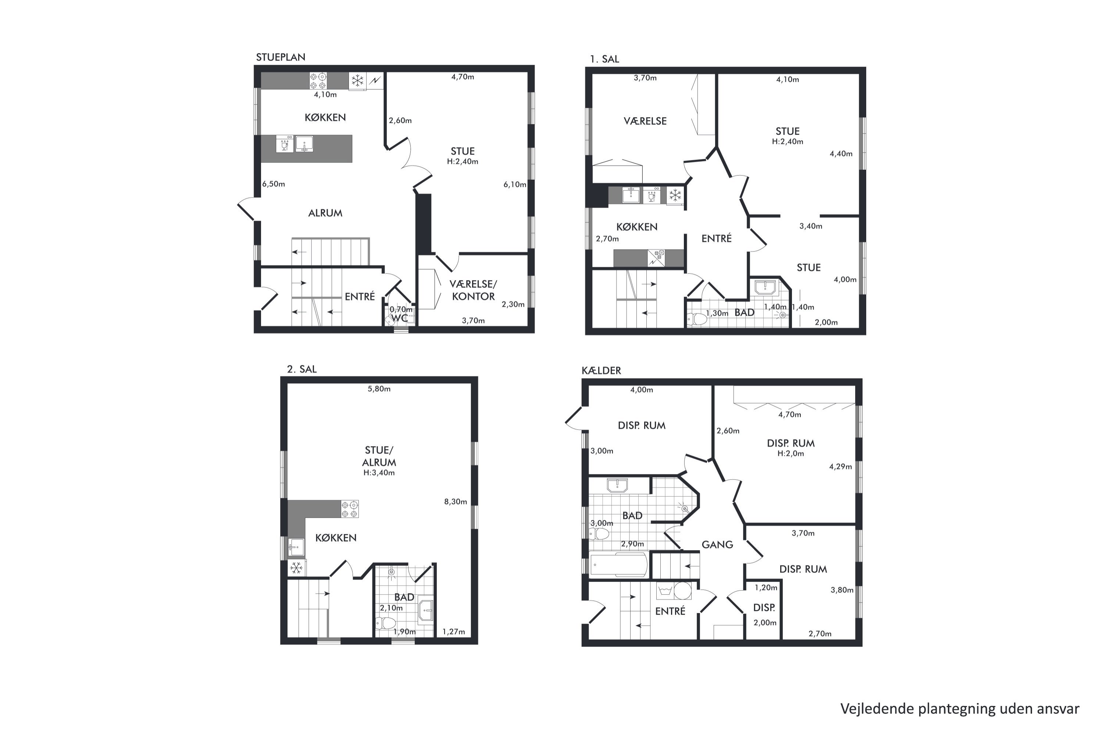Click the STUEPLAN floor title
coord(281,57)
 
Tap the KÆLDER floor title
coord(601,370)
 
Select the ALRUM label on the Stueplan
coord(325,213)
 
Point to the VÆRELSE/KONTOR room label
coord(473,290)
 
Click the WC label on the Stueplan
coord(400,318)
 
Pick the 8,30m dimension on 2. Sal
coord(456,502)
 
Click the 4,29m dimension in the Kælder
coord(840,466)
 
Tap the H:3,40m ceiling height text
coord(379,473)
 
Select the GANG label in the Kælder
coord(717,545)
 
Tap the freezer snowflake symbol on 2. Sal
coord(296,569)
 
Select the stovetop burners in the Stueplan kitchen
coord(318,80)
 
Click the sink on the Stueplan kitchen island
coord(304,144)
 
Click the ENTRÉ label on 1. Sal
coord(716,239)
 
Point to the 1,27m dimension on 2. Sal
coord(453,632)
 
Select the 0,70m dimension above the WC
coord(401,309)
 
